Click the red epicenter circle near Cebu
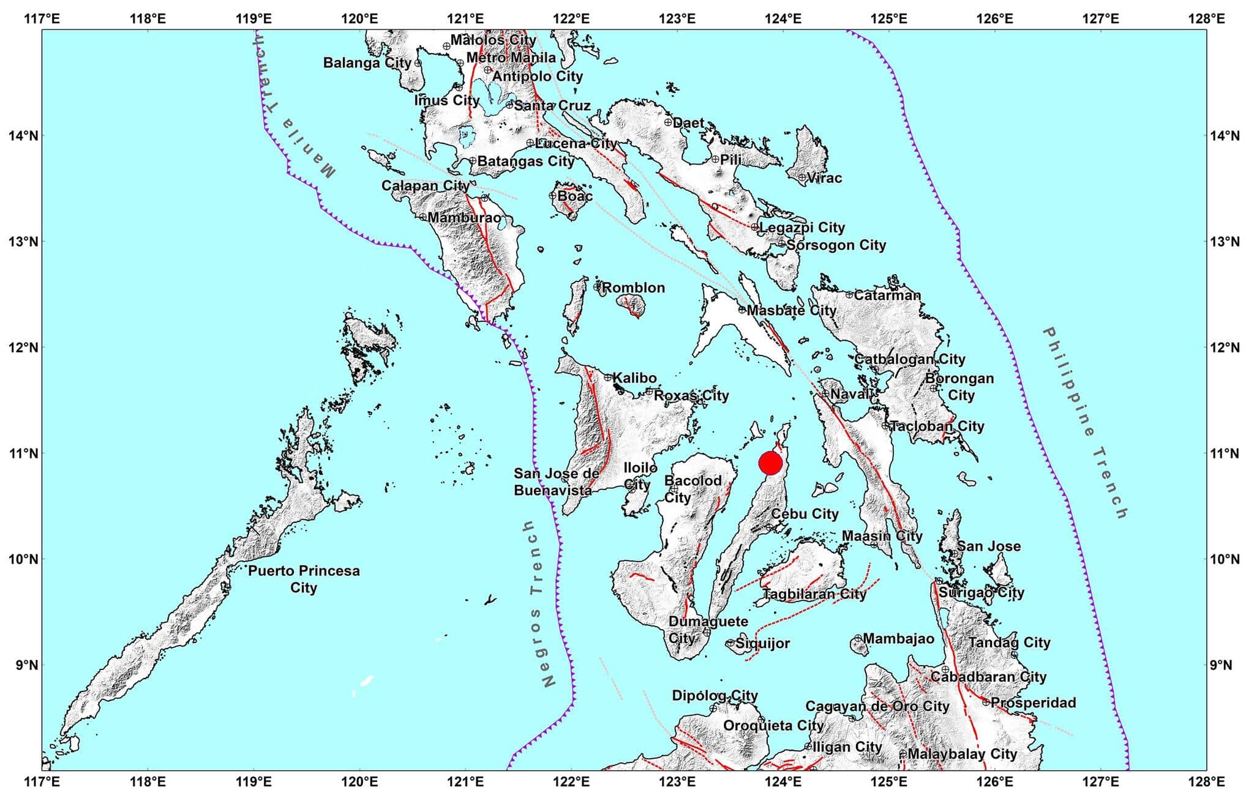point(770,463)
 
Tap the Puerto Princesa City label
point(304,579)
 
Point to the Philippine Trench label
point(1085,423)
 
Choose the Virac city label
point(824,178)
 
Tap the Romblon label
point(633,288)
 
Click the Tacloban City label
point(937,426)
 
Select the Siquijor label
point(762,643)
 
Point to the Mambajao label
point(898,639)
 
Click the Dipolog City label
point(715,696)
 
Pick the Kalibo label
point(634,378)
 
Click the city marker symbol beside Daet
point(668,122)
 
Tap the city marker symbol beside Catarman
point(849,295)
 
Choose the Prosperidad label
point(1033,702)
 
